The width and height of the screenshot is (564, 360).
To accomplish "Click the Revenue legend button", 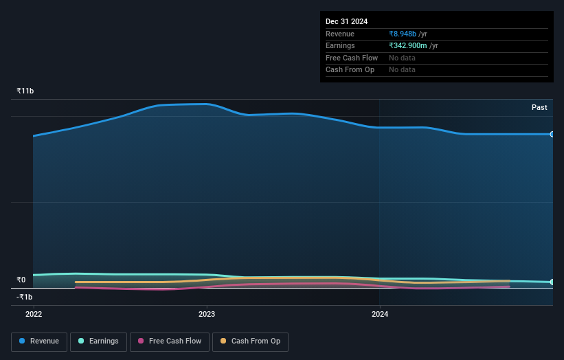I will point(40,341).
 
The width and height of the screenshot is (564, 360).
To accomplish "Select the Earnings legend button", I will point(98,341).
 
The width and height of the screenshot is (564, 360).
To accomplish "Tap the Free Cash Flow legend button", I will point(169,341).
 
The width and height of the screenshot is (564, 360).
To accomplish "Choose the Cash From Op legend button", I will point(250,341).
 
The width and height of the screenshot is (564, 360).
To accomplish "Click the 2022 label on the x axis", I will point(34,314).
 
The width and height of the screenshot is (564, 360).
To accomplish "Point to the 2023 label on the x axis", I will point(207,314).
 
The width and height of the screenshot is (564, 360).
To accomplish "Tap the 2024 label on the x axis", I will point(380,314).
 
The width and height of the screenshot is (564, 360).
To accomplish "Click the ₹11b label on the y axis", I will point(25,91).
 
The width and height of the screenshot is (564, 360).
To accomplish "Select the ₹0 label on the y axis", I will point(21,280).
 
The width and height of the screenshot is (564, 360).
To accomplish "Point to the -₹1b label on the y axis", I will point(25,297).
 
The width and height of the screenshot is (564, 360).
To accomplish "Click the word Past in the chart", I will point(539,107).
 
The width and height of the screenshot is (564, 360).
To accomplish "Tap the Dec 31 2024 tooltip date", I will point(348,21).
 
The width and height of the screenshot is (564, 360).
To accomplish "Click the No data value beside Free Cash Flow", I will point(402,58).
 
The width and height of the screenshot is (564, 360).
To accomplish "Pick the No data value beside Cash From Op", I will point(402,69).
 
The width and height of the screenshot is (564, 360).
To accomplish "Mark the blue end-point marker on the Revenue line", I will point(552,134).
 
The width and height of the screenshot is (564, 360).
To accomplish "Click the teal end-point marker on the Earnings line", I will point(552,282).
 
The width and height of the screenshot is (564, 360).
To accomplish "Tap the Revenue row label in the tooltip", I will point(340,34).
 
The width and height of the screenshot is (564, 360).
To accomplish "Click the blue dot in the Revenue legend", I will point(23,341).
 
